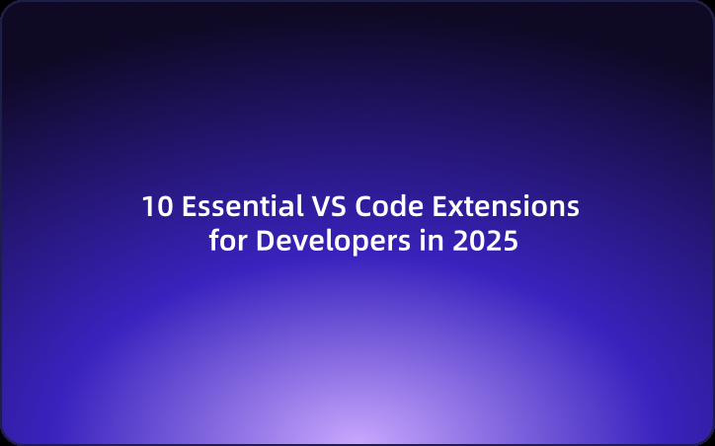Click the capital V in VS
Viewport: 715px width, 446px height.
321,207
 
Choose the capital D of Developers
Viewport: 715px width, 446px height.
265,241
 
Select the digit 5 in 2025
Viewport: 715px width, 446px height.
510,241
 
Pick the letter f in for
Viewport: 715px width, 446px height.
214,240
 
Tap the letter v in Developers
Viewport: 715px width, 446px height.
295,243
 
